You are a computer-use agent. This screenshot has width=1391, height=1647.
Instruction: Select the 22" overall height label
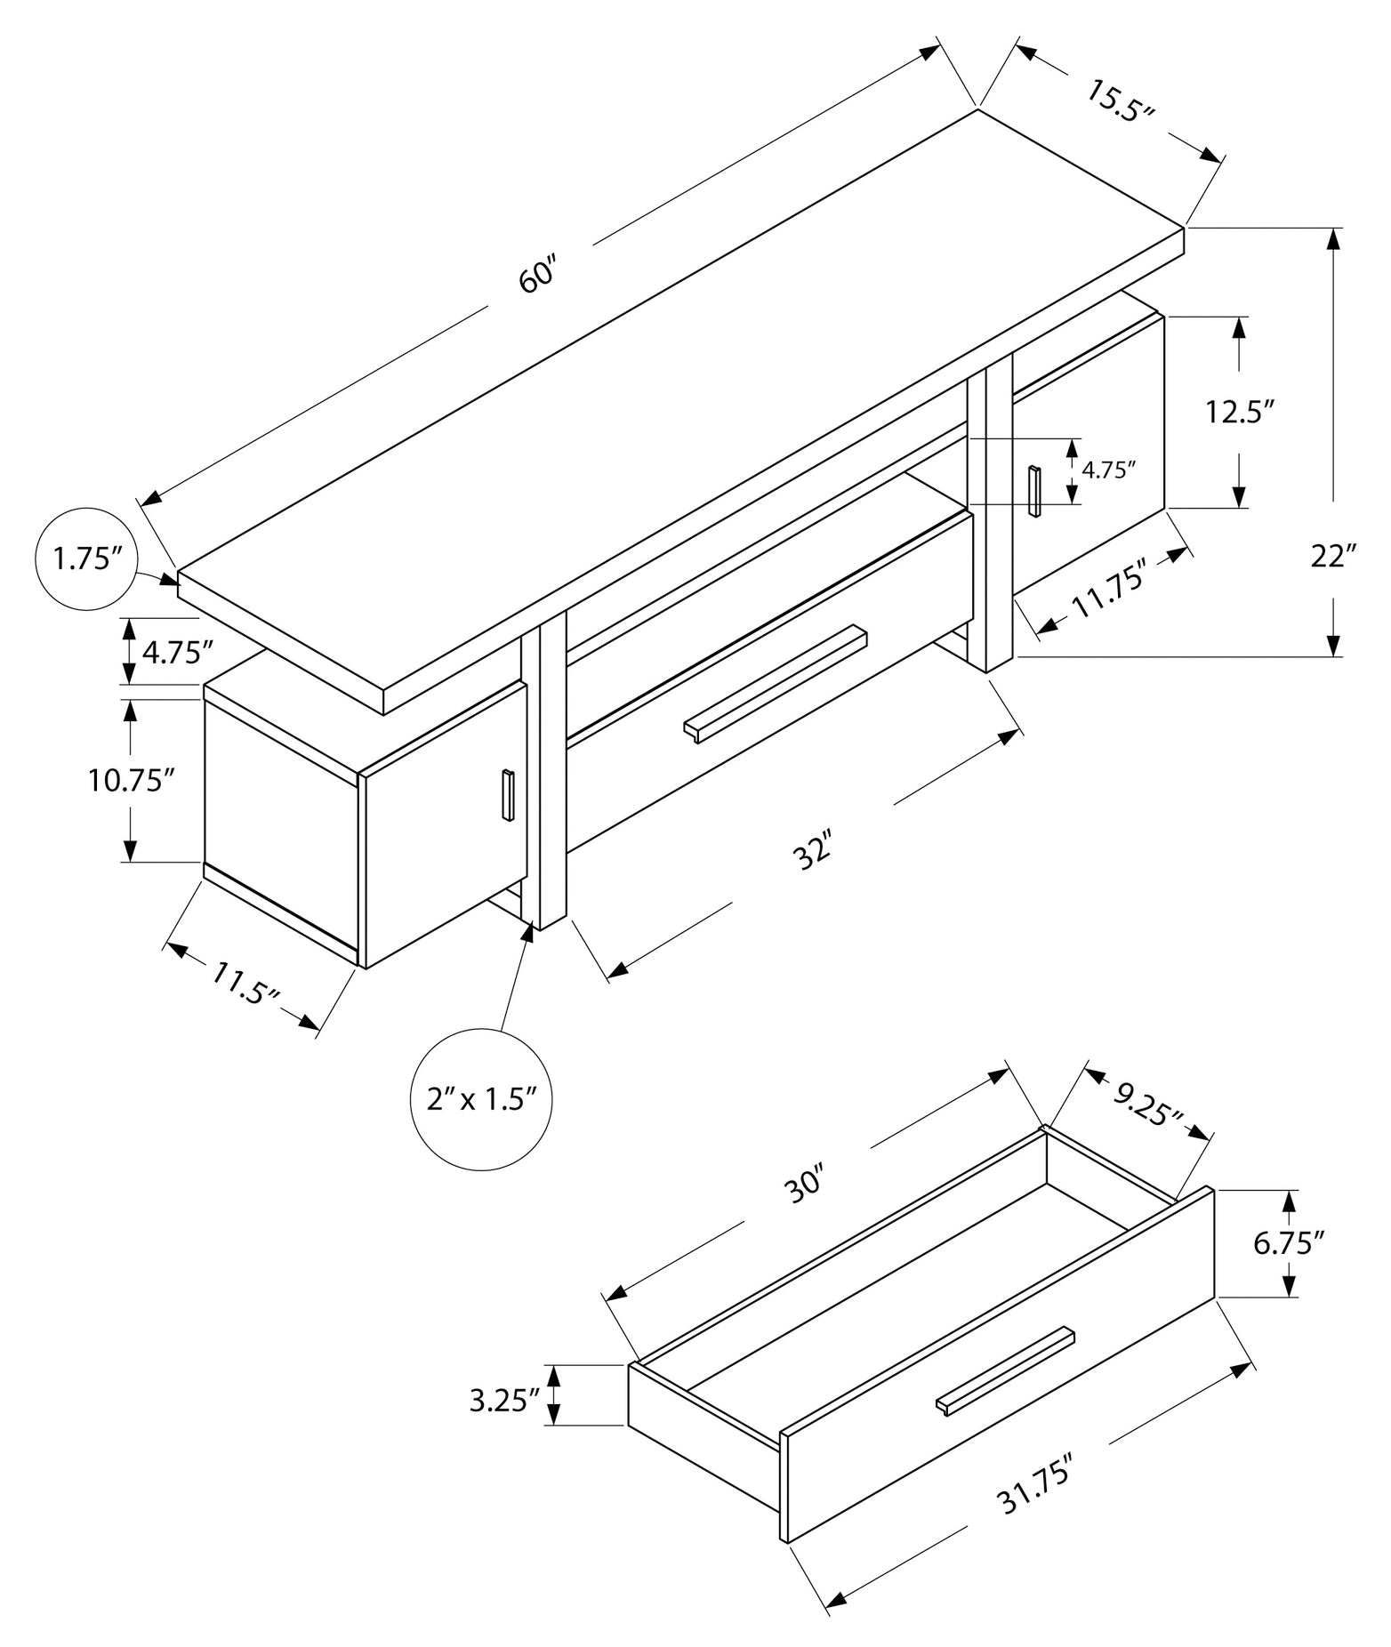(x=1333, y=557)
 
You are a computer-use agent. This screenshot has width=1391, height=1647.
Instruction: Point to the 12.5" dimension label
(x=1240, y=413)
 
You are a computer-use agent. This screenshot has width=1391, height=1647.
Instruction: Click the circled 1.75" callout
(x=87, y=559)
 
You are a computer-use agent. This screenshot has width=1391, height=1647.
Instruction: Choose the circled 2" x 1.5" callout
(x=481, y=1099)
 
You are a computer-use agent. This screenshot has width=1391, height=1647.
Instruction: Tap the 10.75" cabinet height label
(x=130, y=781)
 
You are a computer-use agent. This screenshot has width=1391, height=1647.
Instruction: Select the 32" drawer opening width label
(x=814, y=850)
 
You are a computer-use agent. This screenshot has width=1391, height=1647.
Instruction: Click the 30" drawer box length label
(x=807, y=1187)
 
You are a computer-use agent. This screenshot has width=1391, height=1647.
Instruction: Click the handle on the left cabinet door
(x=507, y=795)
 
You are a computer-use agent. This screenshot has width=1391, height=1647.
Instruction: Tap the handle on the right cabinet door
(x=1034, y=490)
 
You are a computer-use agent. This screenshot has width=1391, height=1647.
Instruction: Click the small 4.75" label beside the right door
(x=1109, y=470)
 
